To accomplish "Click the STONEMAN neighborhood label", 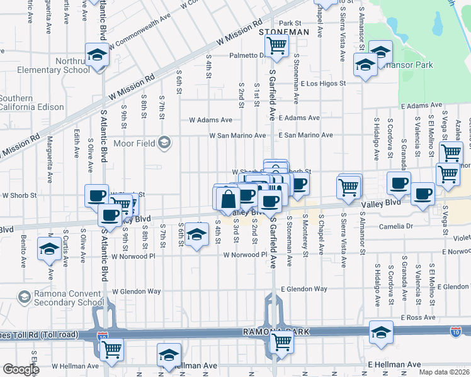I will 285,31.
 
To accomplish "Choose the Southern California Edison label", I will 31,102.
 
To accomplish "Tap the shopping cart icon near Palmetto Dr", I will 276,45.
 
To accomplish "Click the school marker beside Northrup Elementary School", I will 97,55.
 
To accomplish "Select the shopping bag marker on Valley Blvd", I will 229,199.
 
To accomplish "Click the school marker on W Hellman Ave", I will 169,355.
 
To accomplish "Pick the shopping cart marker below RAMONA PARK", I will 281,342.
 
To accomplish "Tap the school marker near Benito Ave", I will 49,250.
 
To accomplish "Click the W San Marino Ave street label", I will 237,135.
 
